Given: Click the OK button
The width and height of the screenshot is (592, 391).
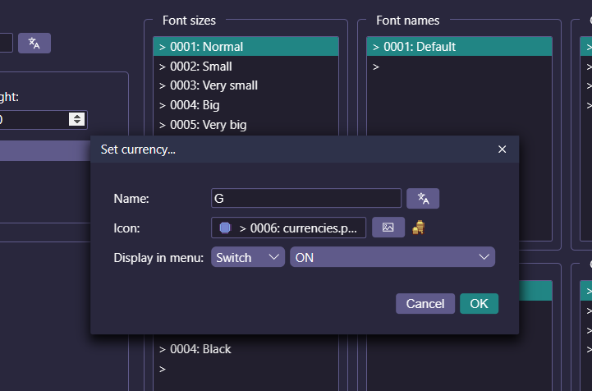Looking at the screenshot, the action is click(479, 303).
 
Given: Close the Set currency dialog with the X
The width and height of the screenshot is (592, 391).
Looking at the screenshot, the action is click(502, 149).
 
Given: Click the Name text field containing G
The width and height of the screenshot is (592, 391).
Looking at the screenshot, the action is click(305, 198).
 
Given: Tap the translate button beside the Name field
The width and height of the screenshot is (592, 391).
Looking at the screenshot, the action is click(423, 198).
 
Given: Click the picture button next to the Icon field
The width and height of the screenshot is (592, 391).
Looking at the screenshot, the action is click(388, 228).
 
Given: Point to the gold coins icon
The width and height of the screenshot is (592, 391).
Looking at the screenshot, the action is click(418, 228).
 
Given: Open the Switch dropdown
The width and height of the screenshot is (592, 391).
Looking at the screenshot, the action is click(248, 257).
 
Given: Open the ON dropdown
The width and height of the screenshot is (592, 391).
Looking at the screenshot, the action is click(392, 257).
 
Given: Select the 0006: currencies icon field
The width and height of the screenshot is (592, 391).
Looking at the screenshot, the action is click(288, 228).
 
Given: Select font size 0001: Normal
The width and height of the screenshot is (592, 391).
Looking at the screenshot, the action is click(246, 47).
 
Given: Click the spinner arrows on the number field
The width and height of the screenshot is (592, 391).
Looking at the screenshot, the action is click(77, 119).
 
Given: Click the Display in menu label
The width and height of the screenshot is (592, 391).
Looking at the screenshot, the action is click(158, 258).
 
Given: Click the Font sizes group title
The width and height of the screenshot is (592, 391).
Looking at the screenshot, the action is click(189, 21).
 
